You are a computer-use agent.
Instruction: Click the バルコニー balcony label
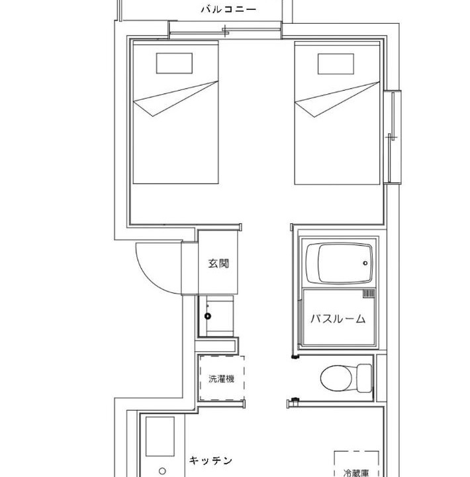point(228,9)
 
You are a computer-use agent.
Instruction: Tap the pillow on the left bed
point(174,64)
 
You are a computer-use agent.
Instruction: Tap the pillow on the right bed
point(336,64)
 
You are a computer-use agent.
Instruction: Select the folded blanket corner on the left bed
point(175,99)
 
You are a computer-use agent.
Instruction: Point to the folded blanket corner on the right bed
point(337,99)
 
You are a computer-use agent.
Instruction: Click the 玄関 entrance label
point(218,263)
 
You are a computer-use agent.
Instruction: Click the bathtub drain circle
point(365,263)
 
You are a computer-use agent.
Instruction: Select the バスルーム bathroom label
point(338,319)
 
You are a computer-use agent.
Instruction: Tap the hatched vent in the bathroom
point(369,293)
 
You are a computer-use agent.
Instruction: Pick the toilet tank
point(364,378)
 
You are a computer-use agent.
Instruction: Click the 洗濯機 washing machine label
point(221,379)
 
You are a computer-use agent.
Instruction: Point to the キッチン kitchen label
point(211,460)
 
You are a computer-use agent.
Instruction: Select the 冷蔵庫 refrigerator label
point(356,473)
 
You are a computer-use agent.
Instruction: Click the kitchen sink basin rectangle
point(160,437)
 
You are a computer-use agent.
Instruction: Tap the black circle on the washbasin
point(208,316)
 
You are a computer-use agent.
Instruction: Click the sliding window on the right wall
point(392,137)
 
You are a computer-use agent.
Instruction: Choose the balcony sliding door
point(225,30)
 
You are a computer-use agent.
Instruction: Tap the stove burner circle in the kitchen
point(162,471)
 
